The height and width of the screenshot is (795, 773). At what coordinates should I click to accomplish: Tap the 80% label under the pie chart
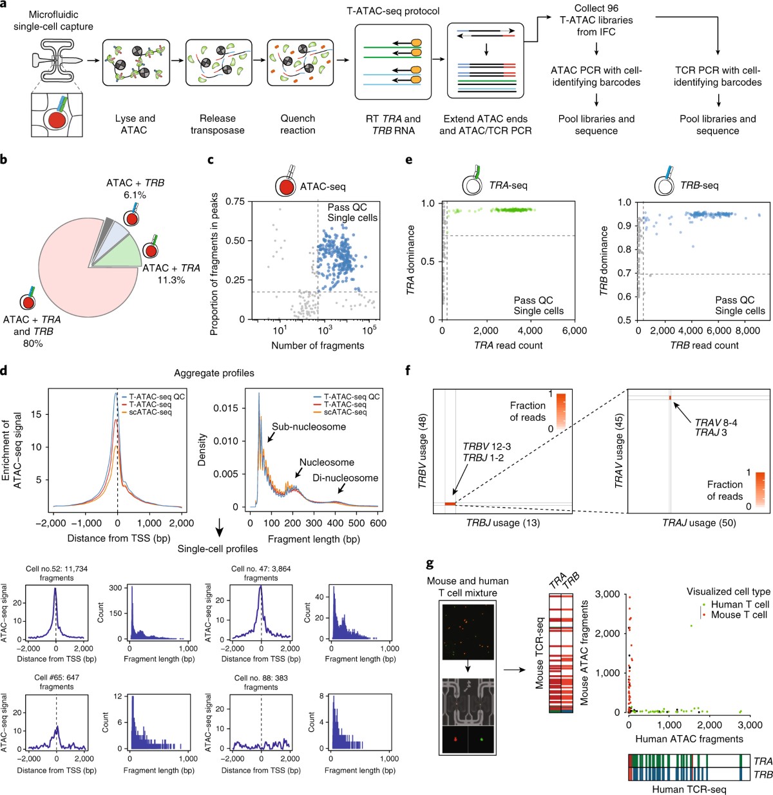(x=33, y=343)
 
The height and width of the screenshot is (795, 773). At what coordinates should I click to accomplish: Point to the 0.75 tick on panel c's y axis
(x=235, y=202)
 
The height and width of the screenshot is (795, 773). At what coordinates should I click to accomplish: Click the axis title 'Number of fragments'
(x=318, y=345)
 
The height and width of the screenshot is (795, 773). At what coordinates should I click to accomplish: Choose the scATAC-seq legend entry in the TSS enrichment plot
(x=150, y=412)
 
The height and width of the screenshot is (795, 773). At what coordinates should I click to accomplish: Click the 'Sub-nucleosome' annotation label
(x=309, y=426)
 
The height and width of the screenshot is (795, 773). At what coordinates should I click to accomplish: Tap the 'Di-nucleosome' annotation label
(x=345, y=478)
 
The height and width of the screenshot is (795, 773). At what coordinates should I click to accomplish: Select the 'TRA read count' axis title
(x=508, y=345)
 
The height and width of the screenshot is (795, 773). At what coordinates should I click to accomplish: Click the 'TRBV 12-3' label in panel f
(x=487, y=446)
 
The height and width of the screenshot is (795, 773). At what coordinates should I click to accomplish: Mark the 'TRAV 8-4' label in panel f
(x=716, y=423)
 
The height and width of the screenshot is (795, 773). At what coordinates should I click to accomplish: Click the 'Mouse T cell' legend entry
(x=739, y=615)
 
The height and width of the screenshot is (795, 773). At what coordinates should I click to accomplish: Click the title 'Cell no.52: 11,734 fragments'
(x=57, y=573)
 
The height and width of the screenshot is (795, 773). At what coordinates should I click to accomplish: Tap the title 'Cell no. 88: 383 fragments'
(x=261, y=682)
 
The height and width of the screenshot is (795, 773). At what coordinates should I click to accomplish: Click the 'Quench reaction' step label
(x=298, y=124)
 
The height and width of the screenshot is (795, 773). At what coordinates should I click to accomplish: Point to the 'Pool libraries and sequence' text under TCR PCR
(x=718, y=124)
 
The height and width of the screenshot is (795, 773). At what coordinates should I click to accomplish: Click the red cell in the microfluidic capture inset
(x=57, y=120)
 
